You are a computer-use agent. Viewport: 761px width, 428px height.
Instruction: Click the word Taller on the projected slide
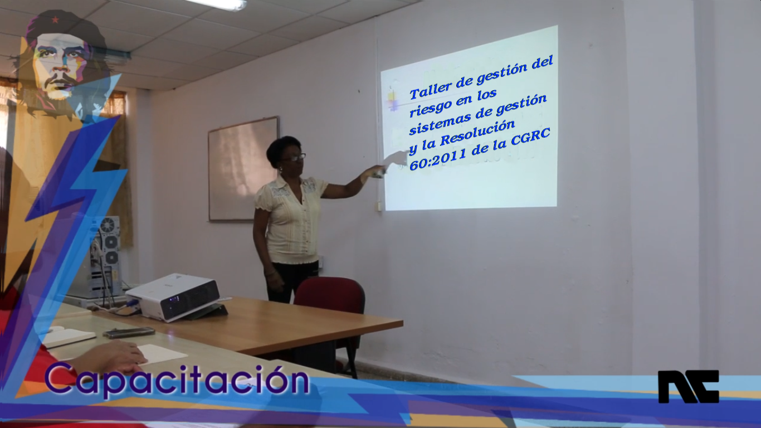430,89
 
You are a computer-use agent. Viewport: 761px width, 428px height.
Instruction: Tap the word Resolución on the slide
477,133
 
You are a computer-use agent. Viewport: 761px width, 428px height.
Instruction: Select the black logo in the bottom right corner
688,387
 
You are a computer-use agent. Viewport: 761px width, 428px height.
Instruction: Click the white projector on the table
173,297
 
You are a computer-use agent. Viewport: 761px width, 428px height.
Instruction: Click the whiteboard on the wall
243,169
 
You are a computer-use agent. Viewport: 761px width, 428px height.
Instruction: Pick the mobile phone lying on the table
129,333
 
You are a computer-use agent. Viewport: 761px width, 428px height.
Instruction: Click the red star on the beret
55,20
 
